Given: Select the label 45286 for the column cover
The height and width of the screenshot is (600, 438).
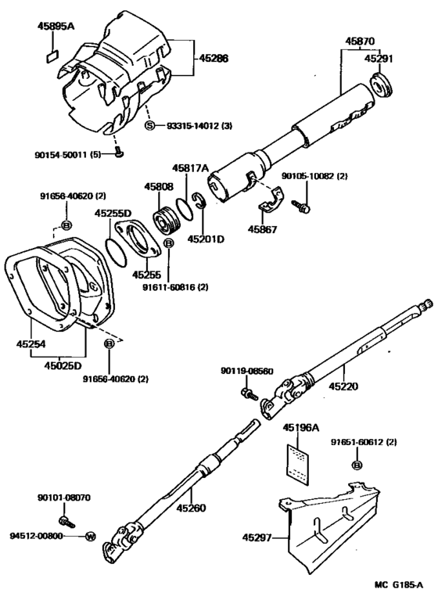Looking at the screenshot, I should (214, 58).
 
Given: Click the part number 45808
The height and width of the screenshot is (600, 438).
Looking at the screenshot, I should (159, 187).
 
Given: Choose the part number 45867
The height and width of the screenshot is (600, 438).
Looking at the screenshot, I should (264, 230).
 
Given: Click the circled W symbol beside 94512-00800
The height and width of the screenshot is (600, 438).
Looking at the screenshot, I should (90, 537).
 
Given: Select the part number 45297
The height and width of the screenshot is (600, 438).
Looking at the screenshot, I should (258, 537).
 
